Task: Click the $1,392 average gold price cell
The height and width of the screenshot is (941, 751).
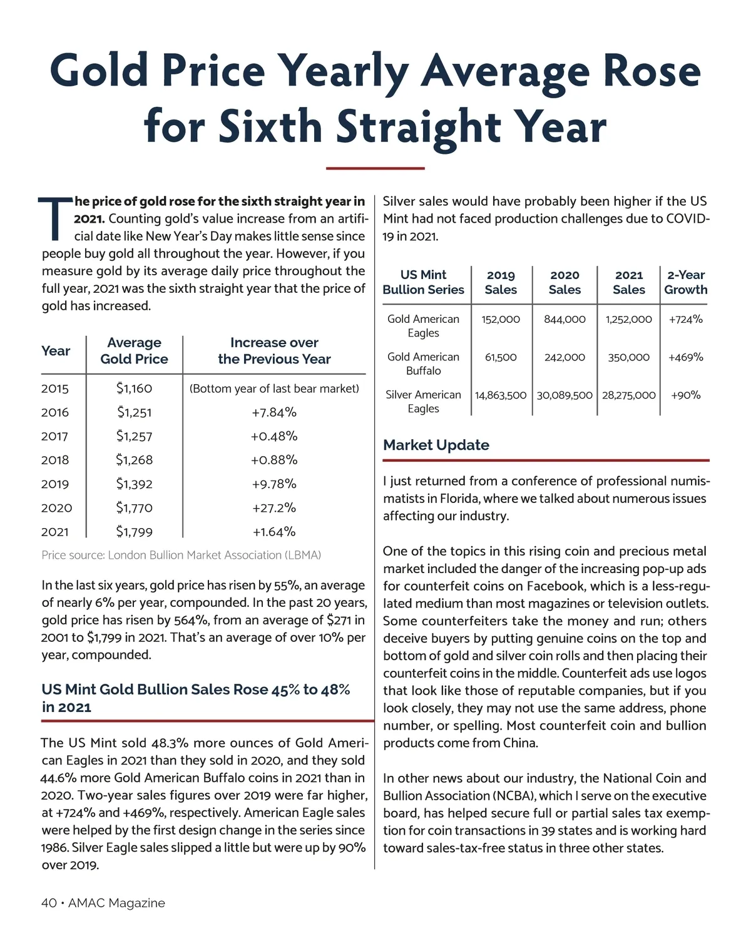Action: pyautogui.click(x=134, y=484)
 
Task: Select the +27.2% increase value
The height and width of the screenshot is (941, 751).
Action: pyautogui.click(x=274, y=507)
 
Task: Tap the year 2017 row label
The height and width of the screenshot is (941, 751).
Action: pyautogui.click(x=54, y=436)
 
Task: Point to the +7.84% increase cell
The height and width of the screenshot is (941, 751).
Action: pyautogui.click(x=274, y=412)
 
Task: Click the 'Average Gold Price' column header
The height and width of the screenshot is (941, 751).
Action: pyautogui.click(x=134, y=350)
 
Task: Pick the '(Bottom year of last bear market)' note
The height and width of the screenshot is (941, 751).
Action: pyautogui.click(x=274, y=389)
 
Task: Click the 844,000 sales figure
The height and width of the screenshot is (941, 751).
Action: pyautogui.click(x=565, y=319)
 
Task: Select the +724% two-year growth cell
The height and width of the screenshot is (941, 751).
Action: pyautogui.click(x=685, y=319)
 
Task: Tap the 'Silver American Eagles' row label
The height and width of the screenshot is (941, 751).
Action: pyautogui.click(x=423, y=401)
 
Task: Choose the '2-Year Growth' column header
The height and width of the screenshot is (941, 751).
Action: pyautogui.click(x=685, y=282)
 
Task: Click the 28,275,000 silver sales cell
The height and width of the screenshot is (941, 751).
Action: pyautogui.click(x=628, y=395)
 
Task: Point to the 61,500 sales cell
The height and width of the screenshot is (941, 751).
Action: pyautogui.click(x=501, y=357)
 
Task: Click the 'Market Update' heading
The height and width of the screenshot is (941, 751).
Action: pyautogui.click(x=436, y=445)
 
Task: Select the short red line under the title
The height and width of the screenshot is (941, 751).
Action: pyautogui.click(x=375, y=168)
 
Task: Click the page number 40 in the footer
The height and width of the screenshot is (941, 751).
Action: pyautogui.click(x=49, y=903)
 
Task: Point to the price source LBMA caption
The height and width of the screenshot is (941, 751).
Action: pyautogui.click(x=181, y=555)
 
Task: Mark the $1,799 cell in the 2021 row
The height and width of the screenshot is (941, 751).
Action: pyautogui.click(x=134, y=532)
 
